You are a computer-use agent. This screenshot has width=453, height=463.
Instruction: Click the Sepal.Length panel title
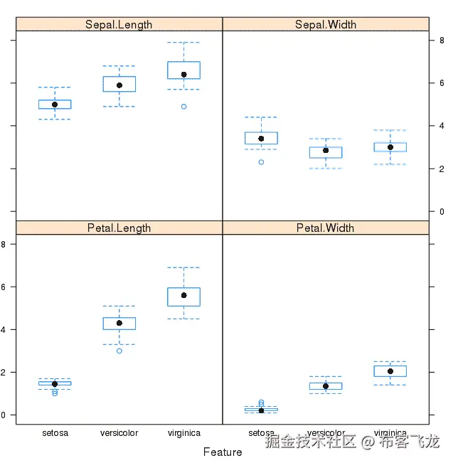(x=119, y=24)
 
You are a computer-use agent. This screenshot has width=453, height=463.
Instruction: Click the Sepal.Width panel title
(x=326, y=24)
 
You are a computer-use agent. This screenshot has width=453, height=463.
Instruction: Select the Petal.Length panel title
(x=119, y=228)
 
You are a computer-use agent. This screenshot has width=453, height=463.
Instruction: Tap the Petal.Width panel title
(x=326, y=228)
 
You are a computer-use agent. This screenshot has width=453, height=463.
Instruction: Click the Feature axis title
(x=223, y=452)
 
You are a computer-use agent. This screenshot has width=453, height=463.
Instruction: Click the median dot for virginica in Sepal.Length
(x=183, y=74)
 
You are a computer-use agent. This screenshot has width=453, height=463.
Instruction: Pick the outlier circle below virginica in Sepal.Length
(x=183, y=107)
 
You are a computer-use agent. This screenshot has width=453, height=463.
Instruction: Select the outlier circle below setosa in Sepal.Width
(x=261, y=162)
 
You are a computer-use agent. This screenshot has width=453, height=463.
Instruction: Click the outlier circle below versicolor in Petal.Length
(x=119, y=351)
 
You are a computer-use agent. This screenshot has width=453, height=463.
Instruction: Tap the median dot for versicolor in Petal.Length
(x=119, y=323)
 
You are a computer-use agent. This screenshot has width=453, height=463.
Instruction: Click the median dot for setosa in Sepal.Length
(x=55, y=105)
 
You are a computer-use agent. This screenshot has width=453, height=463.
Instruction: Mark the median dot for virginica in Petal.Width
(x=390, y=371)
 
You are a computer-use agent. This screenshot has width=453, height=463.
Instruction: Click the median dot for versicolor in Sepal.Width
(x=326, y=150)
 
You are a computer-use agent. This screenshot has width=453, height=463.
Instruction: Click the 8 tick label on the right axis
(x=442, y=41)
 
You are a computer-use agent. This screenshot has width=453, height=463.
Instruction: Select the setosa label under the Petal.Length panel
(x=55, y=433)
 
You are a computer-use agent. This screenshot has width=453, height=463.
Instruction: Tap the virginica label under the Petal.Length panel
(x=183, y=433)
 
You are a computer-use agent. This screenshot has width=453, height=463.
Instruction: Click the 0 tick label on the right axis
(x=442, y=212)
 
